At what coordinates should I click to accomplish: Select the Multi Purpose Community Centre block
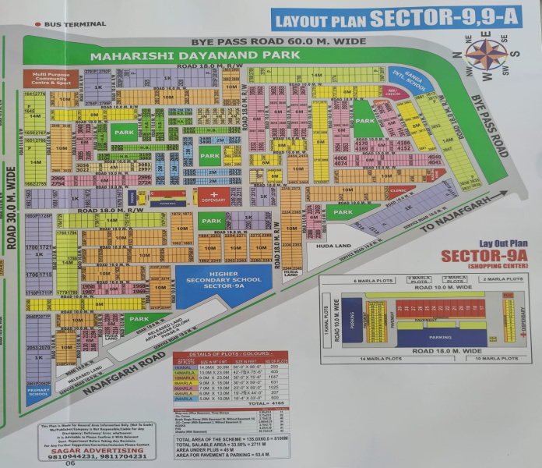[48, 78]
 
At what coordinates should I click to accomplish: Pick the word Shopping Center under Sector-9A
[474, 266]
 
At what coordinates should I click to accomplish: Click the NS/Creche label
[392, 91]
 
